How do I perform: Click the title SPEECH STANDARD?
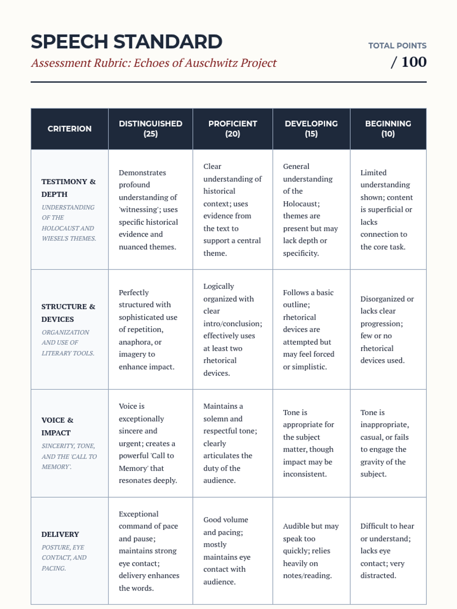126,42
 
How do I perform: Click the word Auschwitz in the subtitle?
211,63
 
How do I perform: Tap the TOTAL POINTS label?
397,46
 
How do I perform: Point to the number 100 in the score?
414,62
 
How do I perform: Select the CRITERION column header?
69,129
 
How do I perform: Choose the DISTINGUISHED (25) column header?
150,129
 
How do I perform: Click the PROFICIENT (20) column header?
233,129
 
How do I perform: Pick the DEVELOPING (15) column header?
311,129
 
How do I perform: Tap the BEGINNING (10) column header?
388,129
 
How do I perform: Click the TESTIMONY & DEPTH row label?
69,188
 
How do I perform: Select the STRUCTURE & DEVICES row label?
69,312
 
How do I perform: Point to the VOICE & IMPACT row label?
58,426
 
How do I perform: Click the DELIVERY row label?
60,534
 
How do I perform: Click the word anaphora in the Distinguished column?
135,342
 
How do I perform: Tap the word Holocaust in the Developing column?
301,204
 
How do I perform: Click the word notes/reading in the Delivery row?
307,576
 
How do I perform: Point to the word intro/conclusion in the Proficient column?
232,324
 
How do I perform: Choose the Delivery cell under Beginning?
388,550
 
